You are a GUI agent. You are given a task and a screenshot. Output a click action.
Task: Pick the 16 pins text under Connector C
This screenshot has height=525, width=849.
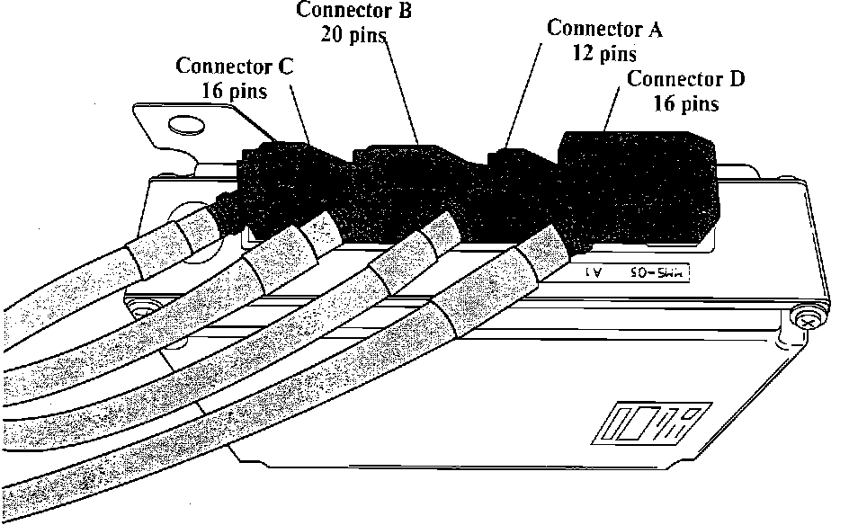235,91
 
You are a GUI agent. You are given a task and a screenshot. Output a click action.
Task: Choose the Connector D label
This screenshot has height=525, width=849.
685,79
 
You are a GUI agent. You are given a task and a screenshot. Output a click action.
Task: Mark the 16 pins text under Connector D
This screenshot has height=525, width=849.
686,103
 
